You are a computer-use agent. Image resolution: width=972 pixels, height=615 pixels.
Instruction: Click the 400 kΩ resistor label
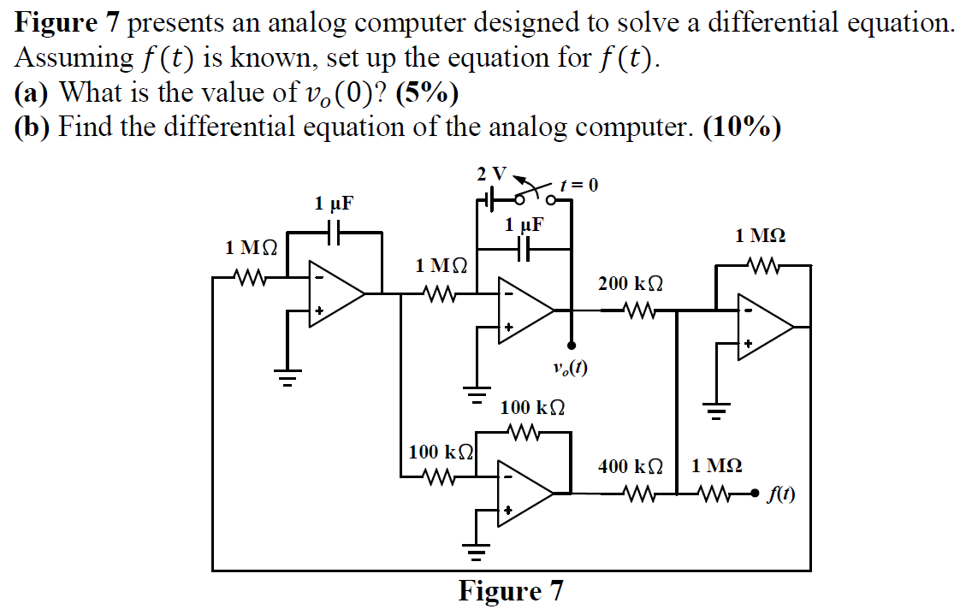coord(631,467)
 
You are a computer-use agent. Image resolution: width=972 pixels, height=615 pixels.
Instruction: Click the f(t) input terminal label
coord(781,494)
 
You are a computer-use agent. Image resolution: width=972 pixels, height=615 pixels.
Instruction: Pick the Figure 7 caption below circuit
coord(511,592)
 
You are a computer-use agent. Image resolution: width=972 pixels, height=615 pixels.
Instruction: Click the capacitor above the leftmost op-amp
coord(335,232)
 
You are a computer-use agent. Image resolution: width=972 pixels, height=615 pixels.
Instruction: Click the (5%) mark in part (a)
coord(427,92)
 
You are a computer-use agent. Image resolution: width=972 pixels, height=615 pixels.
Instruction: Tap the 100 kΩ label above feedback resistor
coord(532,407)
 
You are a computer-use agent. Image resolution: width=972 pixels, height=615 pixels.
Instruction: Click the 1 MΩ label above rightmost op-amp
coord(761,235)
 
